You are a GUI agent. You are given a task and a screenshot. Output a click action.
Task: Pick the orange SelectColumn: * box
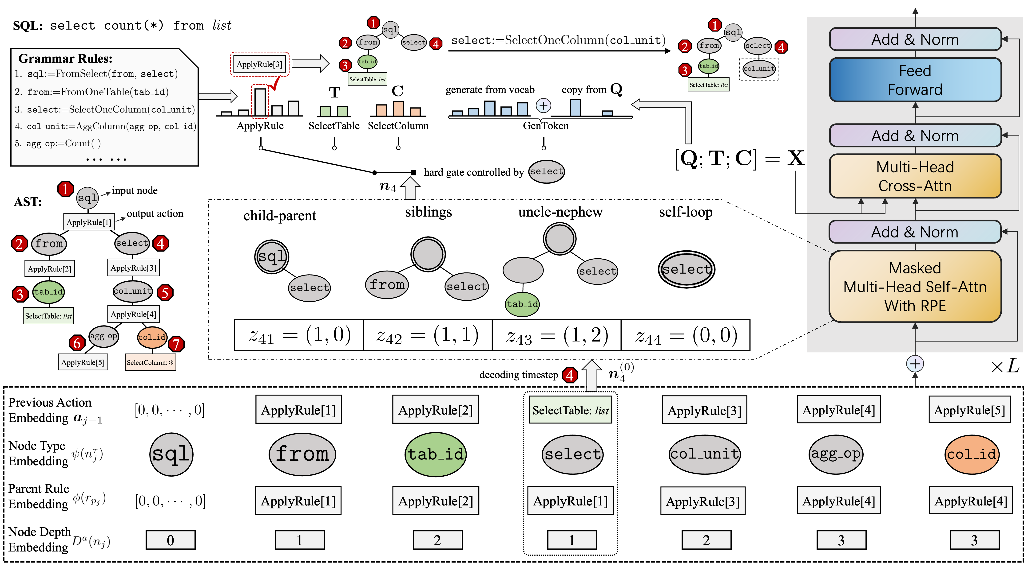coord(150,362)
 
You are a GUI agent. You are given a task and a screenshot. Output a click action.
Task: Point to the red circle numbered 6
coord(77,343)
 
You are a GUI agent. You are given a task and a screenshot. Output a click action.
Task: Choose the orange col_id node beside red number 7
coord(152,337)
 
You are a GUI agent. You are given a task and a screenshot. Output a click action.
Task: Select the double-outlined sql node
coord(271,257)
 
